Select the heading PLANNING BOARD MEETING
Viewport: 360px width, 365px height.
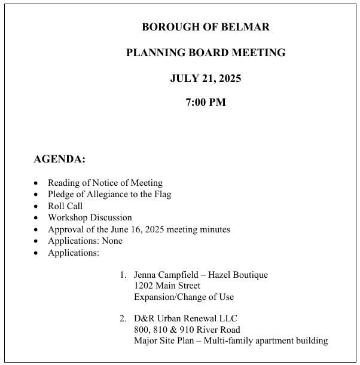(x=205, y=53)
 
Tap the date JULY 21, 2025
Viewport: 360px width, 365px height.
(x=205, y=78)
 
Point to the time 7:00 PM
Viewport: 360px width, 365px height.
(x=206, y=102)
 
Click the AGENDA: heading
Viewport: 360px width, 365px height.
(x=59, y=160)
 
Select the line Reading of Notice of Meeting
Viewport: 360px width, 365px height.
(x=105, y=183)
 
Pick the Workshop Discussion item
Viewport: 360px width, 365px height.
(x=90, y=217)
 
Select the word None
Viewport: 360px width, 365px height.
(x=111, y=241)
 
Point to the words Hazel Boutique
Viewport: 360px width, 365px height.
(x=239, y=275)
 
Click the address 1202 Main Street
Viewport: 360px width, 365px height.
(x=167, y=286)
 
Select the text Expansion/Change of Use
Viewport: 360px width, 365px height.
(x=184, y=297)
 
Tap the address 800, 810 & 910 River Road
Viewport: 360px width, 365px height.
(x=187, y=330)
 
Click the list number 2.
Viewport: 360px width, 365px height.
(x=122, y=318)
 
